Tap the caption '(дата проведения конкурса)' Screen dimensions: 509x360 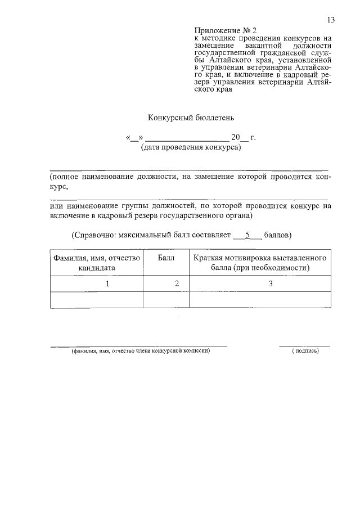[191, 148]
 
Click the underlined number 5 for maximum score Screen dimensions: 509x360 [247, 234]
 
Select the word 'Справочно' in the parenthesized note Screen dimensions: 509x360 [94, 235]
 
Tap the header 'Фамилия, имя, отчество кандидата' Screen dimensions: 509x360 [97, 263]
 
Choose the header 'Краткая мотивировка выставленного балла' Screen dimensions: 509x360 [260, 263]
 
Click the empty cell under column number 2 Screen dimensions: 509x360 [166, 300]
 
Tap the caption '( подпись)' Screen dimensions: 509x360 [305, 351]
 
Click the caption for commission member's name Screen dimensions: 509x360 [140, 351]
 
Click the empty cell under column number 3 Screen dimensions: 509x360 [260, 300]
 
